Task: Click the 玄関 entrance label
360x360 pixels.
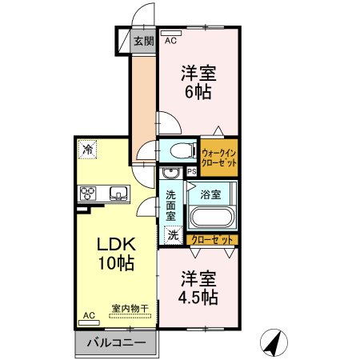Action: [x=143, y=41]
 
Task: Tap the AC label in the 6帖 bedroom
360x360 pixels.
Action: [x=170, y=39]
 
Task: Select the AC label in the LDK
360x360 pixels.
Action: [x=90, y=316]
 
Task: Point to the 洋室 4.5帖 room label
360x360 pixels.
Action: [x=198, y=288]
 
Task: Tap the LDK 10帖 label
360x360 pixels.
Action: [x=116, y=252]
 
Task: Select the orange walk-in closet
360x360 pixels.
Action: [x=219, y=157]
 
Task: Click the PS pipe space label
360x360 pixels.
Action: [x=192, y=172]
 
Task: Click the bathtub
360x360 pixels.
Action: [x=211, y=218]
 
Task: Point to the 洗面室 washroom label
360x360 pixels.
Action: [x=171, y=204]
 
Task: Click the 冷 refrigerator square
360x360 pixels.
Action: [x=87, y=149]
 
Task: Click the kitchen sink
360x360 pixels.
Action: [x=119, y=193]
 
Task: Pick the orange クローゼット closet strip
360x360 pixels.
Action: [x=213, y=239]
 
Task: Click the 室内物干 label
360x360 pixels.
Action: [x=130, y=308]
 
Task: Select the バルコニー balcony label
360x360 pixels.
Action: [x=116, y=343]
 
